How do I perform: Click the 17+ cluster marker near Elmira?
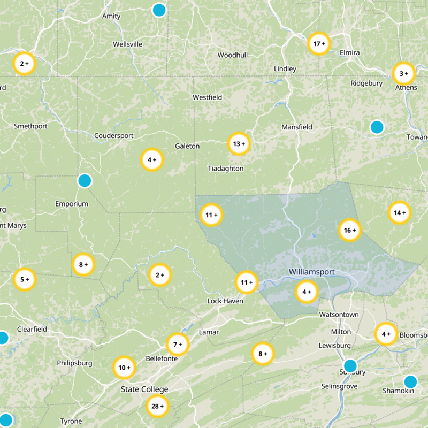pos(319,44)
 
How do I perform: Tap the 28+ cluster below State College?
pos(157,407)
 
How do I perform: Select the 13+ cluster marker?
pos(239,143)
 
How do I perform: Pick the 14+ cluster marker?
pos(400,212)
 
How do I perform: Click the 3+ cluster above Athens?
pos(403,73)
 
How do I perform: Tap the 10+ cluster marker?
pos(125,368)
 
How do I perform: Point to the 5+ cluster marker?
pos(24,279)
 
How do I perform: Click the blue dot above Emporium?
pos(85,181)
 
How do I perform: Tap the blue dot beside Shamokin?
pos(410,381)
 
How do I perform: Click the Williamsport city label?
pos(311,272)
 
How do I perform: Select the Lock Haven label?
pos(225,301)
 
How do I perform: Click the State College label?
pos(144,389)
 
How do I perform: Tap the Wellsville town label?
pos(128,44)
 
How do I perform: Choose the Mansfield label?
pos(297,127)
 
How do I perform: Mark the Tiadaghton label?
pos(225,169)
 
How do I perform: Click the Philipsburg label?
pos(74,363)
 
